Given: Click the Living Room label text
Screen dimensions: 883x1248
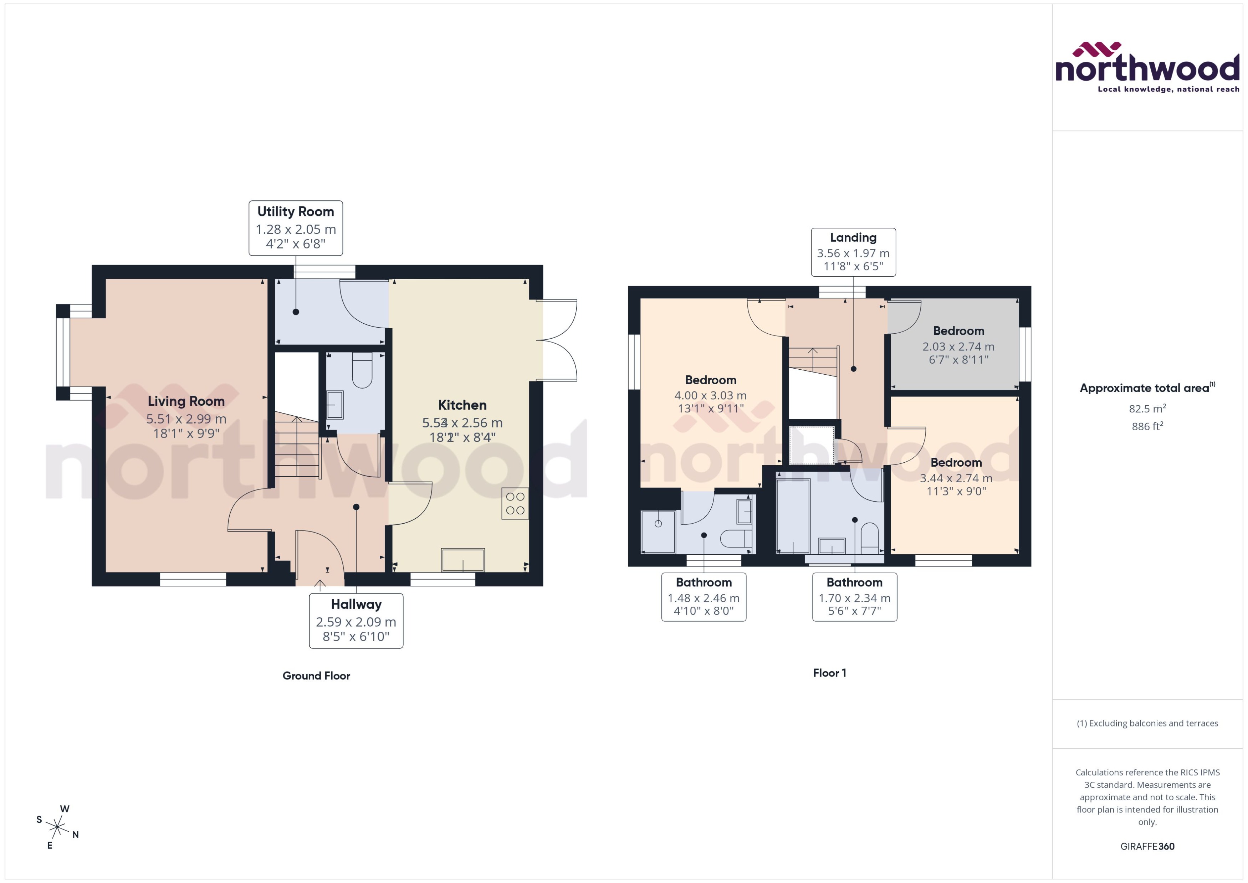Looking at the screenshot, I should click(x=186, y=401).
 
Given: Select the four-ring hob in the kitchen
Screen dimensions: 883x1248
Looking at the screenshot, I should click(x=515, y=503).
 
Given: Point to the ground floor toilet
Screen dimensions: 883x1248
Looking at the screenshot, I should click(x=362, y=371).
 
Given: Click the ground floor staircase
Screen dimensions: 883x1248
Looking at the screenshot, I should click(x=296, y=446).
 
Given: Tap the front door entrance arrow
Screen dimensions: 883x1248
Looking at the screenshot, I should click(x=320, y=585).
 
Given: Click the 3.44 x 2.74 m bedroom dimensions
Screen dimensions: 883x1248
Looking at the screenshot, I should click(x=956, y=478).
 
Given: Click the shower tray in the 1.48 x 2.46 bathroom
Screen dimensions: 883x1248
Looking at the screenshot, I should click(x=658, y=531).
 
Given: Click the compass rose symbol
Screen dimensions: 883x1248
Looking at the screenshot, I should click(x=57, y=827).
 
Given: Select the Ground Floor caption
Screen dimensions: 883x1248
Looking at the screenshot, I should click(x=316, y=676).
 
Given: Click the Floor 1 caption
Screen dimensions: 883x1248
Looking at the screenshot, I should click(x=829, y=673).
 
